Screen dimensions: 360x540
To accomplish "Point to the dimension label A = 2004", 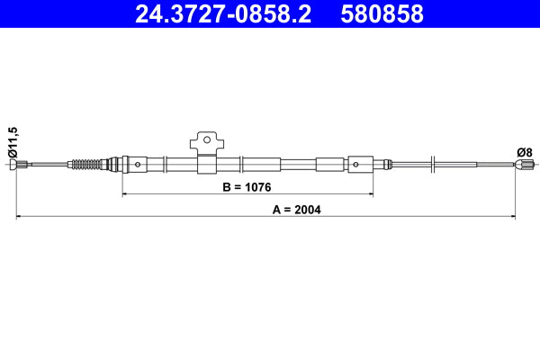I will [296, 210].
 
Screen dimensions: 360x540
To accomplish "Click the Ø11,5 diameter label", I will [12, 142].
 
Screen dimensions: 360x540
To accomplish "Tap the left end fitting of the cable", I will [23, 164].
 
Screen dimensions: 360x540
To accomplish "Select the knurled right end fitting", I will [525, 164].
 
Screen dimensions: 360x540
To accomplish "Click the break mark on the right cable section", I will [434, 163].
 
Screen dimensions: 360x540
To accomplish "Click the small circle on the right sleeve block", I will [357, 164].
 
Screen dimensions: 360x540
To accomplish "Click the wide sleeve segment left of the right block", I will [328, 164].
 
